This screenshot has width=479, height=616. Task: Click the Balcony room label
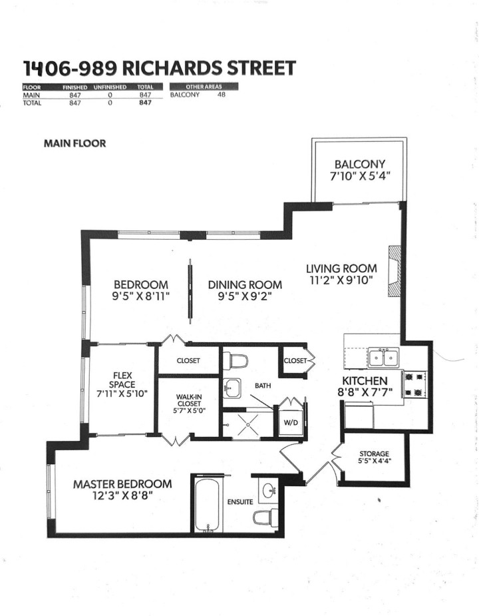coord(359,164)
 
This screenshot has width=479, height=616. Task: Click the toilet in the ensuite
coord(267,516)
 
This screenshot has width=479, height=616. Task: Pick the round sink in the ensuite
coord(270,491)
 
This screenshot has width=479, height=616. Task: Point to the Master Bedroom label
coord(122,483)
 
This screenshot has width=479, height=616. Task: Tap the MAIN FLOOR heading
coord(75,143)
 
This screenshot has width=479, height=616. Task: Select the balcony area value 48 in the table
coord(222,95)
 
